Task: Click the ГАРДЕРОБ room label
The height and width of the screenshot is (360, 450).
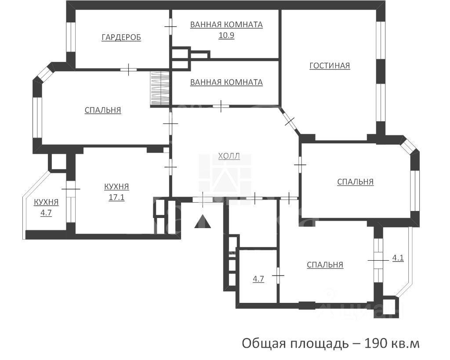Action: (121, 38)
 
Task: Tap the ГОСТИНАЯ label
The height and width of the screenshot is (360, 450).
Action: (330, 66)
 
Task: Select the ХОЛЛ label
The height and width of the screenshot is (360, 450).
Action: (229, 156)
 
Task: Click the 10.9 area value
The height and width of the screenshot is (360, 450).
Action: (226, 36)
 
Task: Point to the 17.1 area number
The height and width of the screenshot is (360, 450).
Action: (116, 197)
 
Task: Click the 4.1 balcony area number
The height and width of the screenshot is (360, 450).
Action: (398, 258)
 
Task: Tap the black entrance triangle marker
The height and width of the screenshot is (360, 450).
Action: (203, 222)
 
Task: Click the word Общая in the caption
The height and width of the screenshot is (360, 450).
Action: (265, 343)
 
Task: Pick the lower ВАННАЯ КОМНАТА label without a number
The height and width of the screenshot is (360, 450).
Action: (226, 82)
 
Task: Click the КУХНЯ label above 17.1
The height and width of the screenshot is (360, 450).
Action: (116, 187)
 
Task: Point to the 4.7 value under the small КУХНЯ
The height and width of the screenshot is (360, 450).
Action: (46, 213)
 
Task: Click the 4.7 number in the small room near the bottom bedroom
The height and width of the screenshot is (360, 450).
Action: (258, 279)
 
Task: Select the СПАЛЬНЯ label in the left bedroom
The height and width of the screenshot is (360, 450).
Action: (103, 110)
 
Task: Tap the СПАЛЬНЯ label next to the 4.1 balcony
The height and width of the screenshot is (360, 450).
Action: (325, 265)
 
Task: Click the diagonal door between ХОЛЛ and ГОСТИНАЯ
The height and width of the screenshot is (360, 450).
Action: (290, 121)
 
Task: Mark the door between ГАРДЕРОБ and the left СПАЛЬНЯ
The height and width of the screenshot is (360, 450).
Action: (129, 69)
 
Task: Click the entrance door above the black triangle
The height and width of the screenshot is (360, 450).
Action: (203, 199)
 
